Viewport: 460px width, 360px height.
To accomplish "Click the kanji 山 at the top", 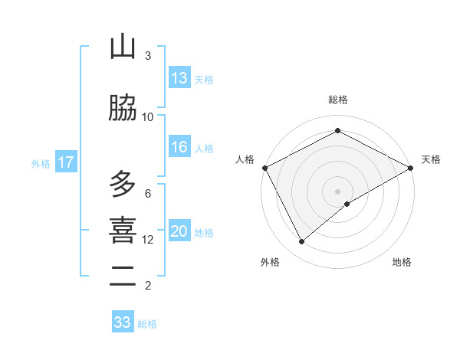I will point(123,47).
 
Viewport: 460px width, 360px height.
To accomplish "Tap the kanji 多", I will point(123,185).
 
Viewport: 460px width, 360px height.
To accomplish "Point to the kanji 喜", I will point(123,231).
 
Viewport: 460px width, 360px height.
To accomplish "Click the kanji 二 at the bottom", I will point(123,277).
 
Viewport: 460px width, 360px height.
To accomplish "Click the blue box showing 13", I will point(179,78).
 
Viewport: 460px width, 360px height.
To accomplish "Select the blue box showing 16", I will point(179,148).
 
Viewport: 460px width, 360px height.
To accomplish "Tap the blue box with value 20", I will point(179,232).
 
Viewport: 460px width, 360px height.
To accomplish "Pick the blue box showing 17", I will point(65,162).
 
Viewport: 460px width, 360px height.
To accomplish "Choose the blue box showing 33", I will point(123,322).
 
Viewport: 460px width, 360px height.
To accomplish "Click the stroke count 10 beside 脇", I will point(148,116).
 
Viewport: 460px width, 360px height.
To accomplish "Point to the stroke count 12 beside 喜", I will point(148,239).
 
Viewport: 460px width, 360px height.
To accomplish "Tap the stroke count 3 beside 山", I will point(148,55).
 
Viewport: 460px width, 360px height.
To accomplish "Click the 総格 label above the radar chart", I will point(338,100).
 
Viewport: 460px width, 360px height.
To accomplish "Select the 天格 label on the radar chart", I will point(431,159).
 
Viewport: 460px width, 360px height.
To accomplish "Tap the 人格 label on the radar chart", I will point(245,159).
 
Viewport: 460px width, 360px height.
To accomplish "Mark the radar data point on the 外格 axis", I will point(302,242).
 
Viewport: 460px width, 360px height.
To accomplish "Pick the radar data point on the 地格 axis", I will point(347,204).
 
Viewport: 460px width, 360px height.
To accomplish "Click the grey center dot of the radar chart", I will point(338,191).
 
